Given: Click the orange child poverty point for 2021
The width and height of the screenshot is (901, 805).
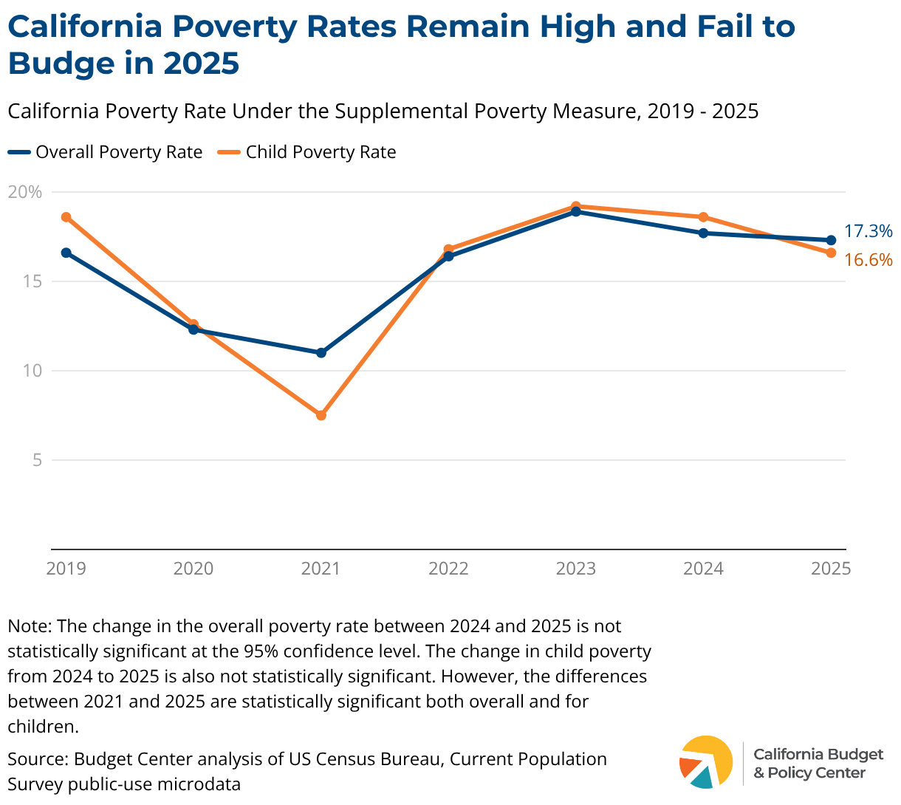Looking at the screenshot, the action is [x=321, y=415].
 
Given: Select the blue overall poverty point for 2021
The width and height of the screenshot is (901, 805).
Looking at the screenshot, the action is [x=321, y=353].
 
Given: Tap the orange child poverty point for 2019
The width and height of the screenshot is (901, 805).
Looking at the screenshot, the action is [x=66, y=217].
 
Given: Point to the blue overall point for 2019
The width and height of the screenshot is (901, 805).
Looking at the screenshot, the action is [x=66, y=253].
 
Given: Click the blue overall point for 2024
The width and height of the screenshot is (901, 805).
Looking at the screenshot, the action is [x=703, y=233].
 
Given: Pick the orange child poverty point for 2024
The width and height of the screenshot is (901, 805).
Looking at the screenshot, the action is [x=703, y=217].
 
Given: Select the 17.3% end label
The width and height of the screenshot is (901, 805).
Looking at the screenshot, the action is [x=868, y=231].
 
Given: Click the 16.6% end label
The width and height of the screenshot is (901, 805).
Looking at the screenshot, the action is [x=868, y=260].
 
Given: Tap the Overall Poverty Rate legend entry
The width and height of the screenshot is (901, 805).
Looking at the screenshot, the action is [x=105, y=152].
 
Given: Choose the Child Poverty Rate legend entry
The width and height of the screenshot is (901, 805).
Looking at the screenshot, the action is [x=306, y=152].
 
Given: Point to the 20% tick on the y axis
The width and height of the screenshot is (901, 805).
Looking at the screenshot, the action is [x=25, y=192].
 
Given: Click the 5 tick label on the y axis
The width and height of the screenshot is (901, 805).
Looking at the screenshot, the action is [x=38, y=460].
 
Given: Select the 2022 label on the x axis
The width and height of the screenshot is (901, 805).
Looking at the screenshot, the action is [x=448, y=569].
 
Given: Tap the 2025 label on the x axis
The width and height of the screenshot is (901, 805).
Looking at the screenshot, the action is [x=831, y=569].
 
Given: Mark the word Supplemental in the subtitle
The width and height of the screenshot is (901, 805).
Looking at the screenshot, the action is [x=401, y=112].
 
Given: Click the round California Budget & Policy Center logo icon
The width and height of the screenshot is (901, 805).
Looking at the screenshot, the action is [x=706, y=762].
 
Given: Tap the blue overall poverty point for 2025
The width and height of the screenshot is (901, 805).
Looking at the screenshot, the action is [x=831, y=240].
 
